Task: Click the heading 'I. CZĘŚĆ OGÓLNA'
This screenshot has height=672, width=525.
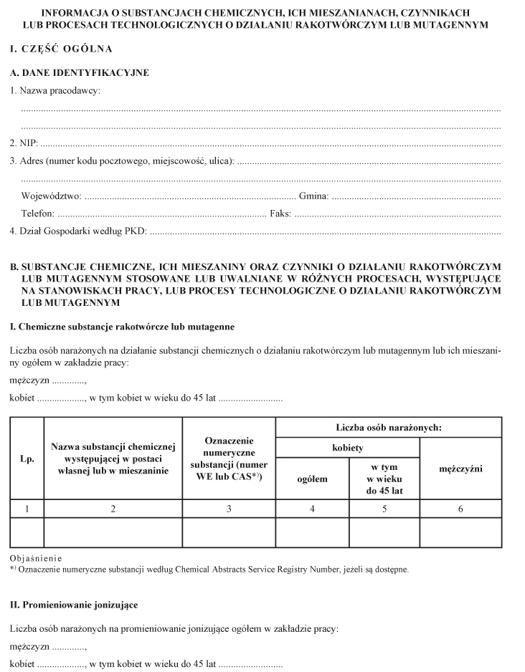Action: tap(61, 50)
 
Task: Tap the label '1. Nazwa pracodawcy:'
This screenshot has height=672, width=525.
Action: tap(55, 91)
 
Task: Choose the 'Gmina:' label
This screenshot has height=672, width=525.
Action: tap(313, 196)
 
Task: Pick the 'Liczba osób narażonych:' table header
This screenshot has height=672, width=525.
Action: tap(388, 428)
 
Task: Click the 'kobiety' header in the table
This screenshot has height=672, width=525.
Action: tap(347, 448)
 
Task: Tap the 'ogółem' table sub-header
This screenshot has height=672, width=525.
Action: tap(312, 479)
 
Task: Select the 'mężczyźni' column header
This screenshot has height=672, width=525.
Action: tap(460, 469)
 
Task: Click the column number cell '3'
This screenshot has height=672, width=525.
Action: tap(230, 509)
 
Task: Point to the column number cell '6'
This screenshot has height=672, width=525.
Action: tap(460, 509)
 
